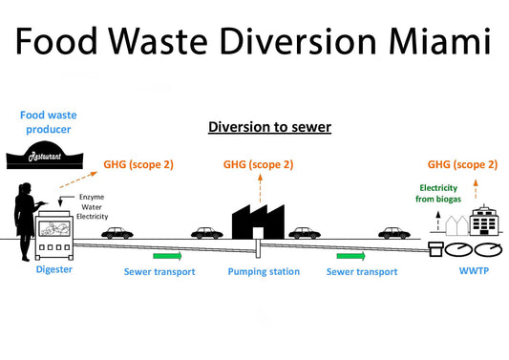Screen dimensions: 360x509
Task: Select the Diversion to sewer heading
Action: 269,127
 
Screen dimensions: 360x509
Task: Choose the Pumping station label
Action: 264,272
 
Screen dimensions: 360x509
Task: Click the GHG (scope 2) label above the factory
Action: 258,164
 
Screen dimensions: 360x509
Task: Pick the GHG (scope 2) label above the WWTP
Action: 462,164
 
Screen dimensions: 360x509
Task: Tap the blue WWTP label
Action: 465,272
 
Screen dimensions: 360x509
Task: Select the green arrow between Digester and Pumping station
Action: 166,256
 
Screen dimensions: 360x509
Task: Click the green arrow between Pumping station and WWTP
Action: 350,256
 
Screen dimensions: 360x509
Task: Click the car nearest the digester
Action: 118,232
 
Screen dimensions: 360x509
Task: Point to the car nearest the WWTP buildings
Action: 392,232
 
